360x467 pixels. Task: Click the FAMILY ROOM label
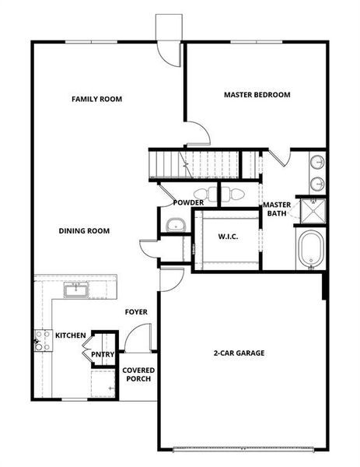coord(96,99)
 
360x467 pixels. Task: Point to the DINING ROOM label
coord(84,230)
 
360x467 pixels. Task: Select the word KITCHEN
coord(70,335)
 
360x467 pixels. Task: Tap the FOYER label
coord(136,312)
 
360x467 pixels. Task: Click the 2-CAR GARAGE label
coord(239,353)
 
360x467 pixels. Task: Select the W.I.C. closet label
coord(227,237)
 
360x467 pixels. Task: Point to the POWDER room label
coord(188,203)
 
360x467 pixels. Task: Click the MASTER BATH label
coord(277,209)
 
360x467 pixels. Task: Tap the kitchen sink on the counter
coord(76,290)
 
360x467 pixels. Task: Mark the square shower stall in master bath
coord(312,210)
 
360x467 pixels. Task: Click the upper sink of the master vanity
coord(318,163)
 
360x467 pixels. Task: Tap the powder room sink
coord(174,225)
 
